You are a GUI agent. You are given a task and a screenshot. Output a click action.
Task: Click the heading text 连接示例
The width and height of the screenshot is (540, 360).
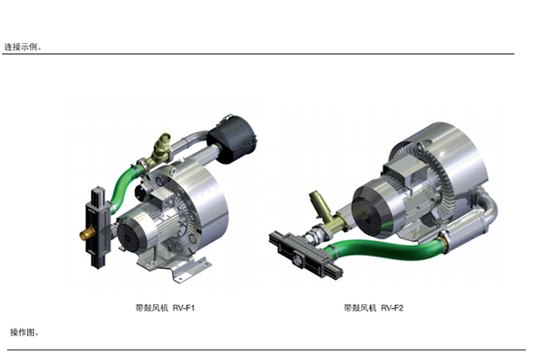(21, 47)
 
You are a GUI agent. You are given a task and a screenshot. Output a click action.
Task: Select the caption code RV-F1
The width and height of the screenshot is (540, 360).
(184, 308)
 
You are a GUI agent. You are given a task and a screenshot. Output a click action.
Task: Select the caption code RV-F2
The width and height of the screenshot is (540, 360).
(391, 308)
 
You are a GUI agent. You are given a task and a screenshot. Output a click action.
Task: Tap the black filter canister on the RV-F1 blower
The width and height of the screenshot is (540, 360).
(233, 139)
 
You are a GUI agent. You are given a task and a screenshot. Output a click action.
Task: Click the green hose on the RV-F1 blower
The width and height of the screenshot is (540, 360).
(123, 186)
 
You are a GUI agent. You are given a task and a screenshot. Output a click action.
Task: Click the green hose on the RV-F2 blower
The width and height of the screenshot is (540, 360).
(386, 248)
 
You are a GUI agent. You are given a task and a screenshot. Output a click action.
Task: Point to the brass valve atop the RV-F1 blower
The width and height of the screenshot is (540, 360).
(160, 151)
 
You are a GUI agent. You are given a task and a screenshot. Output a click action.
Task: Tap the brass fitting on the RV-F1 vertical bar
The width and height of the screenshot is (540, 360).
(86, 235)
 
